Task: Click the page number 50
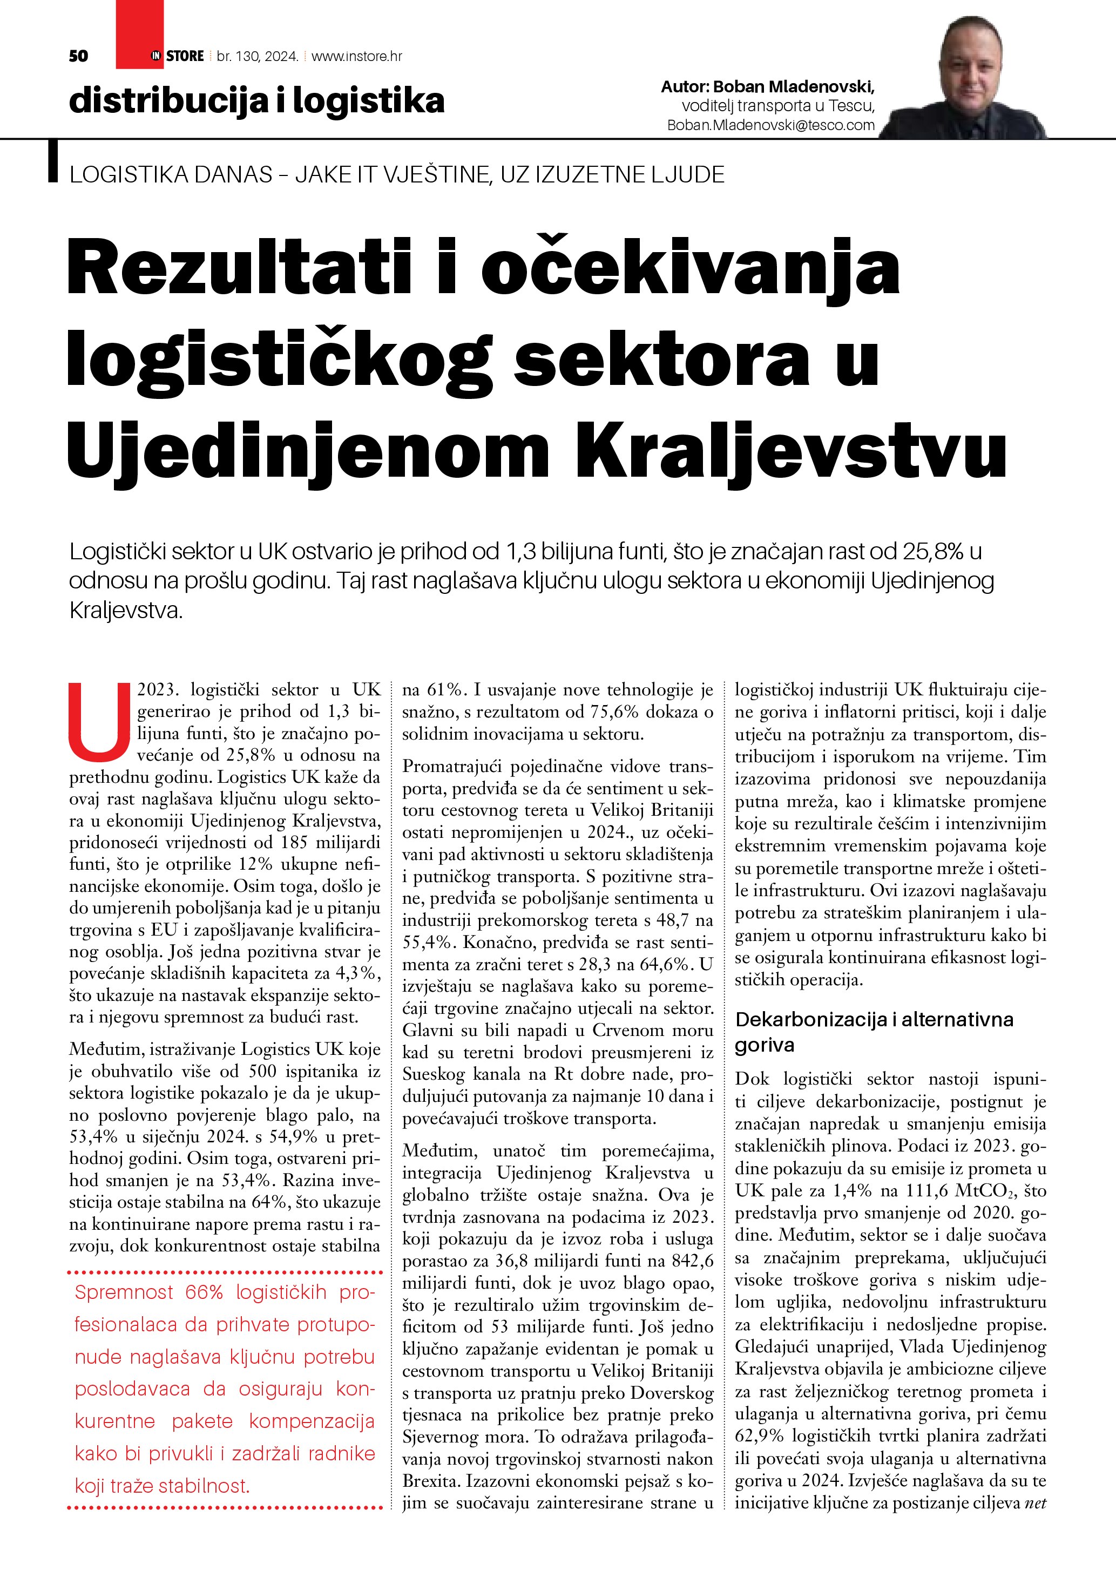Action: tap(78, 56)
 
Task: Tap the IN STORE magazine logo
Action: tap(177, 56)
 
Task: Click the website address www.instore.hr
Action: tap(357, 56)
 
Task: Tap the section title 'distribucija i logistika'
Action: tap(256, 100)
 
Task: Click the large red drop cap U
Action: tap(100, 718)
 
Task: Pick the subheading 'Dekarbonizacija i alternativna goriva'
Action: tap(874, 1032)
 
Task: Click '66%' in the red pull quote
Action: tap(204, 1292)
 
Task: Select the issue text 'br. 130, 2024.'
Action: tap(257, 56)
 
